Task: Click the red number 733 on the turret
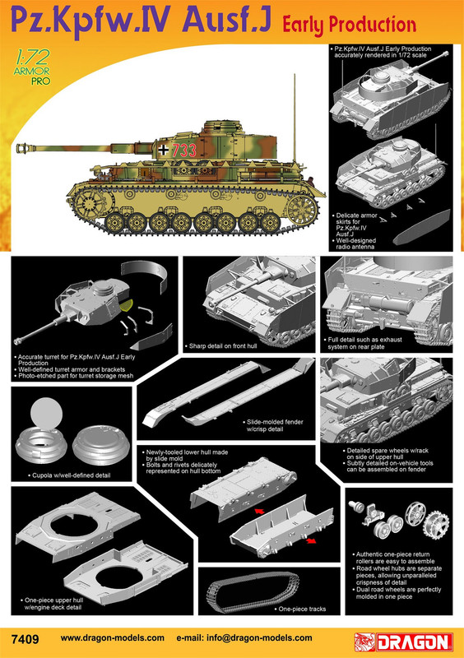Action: coord(184,151)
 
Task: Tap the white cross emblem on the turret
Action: coord(164,150)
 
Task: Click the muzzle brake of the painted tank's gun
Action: coord(23,148)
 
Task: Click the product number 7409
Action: coord(26,639)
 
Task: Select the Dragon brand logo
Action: coord(404,642)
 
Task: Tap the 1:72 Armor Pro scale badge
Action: coord(32,67)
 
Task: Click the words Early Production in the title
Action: coord(350,25)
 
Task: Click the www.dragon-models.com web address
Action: coord(113,638)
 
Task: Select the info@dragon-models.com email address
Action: coord(259,638)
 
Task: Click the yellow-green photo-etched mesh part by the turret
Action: coord(127,305)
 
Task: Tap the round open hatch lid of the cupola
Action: coord(46,413)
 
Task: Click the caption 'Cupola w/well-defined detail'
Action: coord(72,475)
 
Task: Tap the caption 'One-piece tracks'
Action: coord(302,609)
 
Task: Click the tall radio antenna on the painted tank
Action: coord(295,118)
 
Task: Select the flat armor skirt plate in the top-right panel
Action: coord(421,227)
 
